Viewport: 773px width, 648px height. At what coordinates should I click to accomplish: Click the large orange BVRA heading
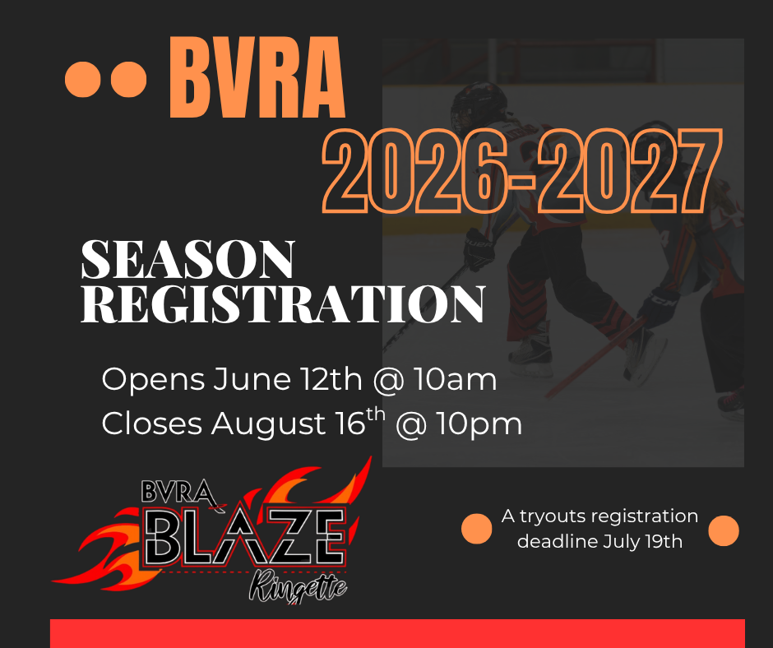pyautogui.click(x=257, y=77)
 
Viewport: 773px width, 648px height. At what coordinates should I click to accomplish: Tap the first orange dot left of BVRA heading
pyautogui.click(x=83, y=80)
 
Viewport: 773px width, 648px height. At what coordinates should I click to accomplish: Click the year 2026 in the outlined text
pyautogui.click(x=414, y=170)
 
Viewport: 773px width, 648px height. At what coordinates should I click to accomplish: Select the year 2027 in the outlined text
pyautogui.click(x=630, y=170)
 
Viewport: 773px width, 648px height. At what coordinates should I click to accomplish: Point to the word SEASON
pyautogui.click(x=187, y=259)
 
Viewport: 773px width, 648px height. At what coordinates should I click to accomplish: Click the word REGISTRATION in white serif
pyautogui.click(x=283, y=303)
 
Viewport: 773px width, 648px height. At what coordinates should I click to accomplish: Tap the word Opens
pyautogui.click(x=153, y=380)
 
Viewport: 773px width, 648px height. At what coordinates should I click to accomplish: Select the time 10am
pyautogui.click(x=455, y=379)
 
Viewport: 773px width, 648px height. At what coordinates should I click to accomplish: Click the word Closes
pyautogui.click(x=152, y=424)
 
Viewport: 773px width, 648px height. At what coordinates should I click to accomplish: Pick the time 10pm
pyautogui.click(x=479, y=424)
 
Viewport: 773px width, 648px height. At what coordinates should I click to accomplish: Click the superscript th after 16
pyautogui.click(x=376, y=414)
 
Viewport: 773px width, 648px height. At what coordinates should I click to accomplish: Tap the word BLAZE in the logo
pyautogui.click(x=246, y=538)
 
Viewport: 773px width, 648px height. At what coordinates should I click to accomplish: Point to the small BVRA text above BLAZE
pyautogui.click(x=178, y=492)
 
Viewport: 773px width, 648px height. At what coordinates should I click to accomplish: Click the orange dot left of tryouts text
pyautogui.click(x=477, y=529)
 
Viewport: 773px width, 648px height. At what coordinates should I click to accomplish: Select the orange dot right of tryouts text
pyautogui.click(x=724, y=530)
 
